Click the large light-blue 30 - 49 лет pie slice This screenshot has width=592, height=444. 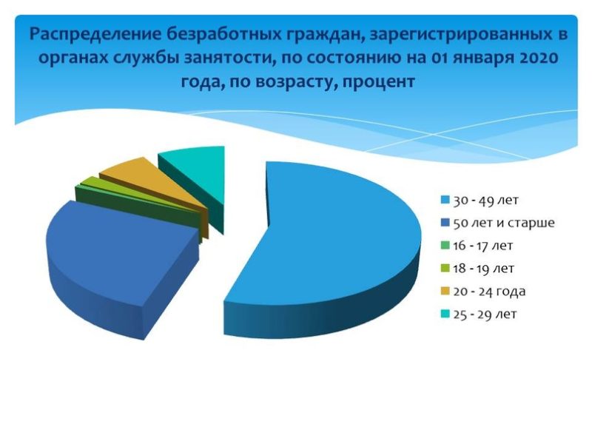[332, 242]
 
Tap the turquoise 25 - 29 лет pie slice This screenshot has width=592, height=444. [196, 174]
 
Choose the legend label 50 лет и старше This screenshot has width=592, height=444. [504, 223]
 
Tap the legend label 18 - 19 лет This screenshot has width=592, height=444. [483, 269]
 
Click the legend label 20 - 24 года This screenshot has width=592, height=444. [489, 292]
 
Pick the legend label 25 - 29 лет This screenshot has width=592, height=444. [485, 314]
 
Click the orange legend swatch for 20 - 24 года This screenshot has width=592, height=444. [445, 291]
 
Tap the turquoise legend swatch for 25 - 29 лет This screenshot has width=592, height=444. [445, 314]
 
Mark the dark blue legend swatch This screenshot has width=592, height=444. [445, 223]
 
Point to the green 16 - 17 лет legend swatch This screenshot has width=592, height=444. [445, 246]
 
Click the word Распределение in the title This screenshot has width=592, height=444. [95, 34]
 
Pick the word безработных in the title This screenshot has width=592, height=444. [223, 34]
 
